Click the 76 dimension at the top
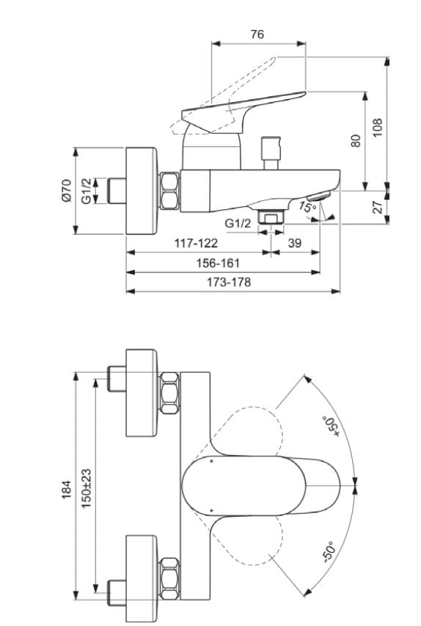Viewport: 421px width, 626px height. [257, 34]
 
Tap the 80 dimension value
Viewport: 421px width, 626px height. [356, 140]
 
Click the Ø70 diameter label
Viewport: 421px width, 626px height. [65, 190]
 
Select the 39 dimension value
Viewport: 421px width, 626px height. [295, 242]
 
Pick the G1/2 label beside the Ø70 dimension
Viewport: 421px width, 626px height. [86, 190]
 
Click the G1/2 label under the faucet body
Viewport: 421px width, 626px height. [237, 223]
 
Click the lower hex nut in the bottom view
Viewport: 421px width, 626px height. [169, 572]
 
